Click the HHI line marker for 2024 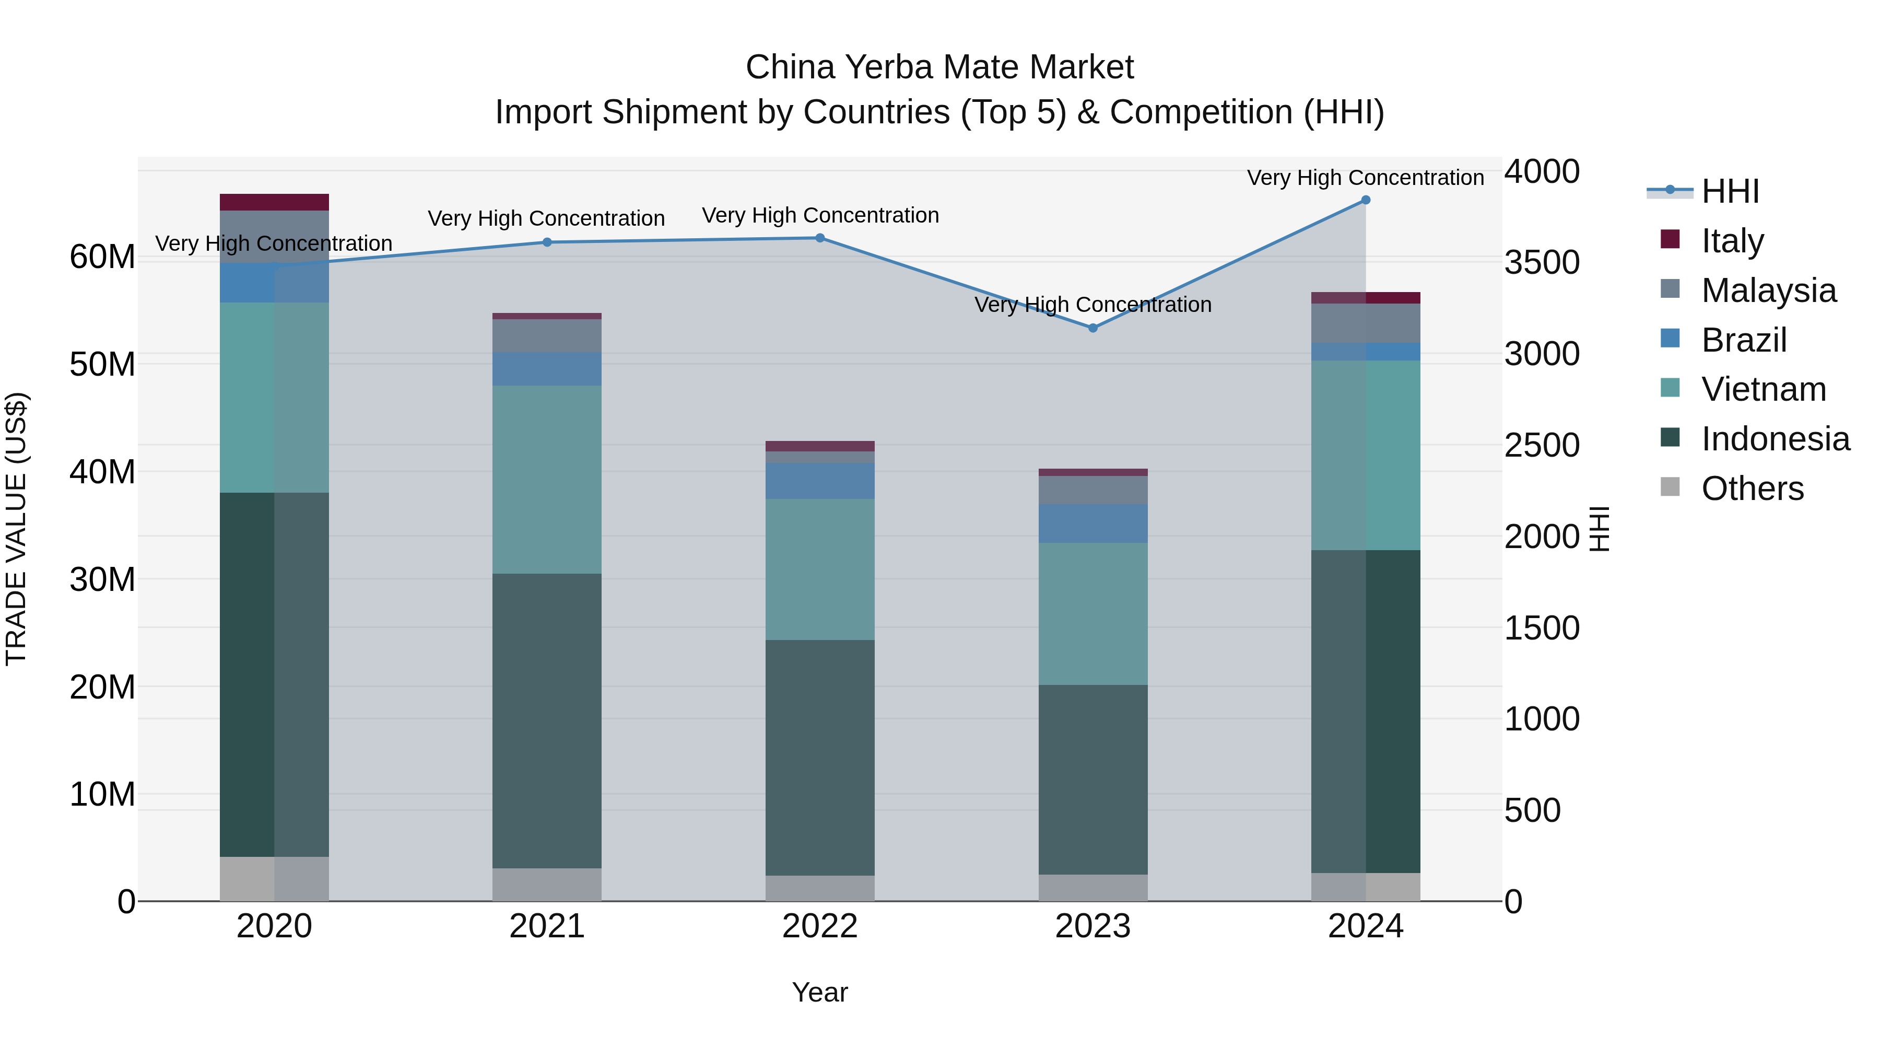(x=1366, y=200)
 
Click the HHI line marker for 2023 (x=1092, y=328)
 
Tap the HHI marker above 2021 (x=547, y=242)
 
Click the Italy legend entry (x=1731, y=241)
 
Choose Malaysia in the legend (x=1768, y=290)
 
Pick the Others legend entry (x=1752, y=489)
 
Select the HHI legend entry (x=1730, y=191)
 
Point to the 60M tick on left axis (x=102, y=257)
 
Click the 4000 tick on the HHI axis (x=1542, y=171)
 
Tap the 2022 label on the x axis (x=819, y=926)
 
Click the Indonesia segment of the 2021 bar (x=547, y=720)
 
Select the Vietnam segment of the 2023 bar (x=1092, y=613)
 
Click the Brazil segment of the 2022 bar (x=819, y=481)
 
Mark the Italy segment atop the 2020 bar (x=274, y=202)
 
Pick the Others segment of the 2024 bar (x=1366, y=887)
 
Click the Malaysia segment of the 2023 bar (x=1092, y=490)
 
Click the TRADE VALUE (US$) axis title (x=16, y=529)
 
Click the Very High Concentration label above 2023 (x=1092, y=305)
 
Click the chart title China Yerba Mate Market (x=939, y=67)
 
